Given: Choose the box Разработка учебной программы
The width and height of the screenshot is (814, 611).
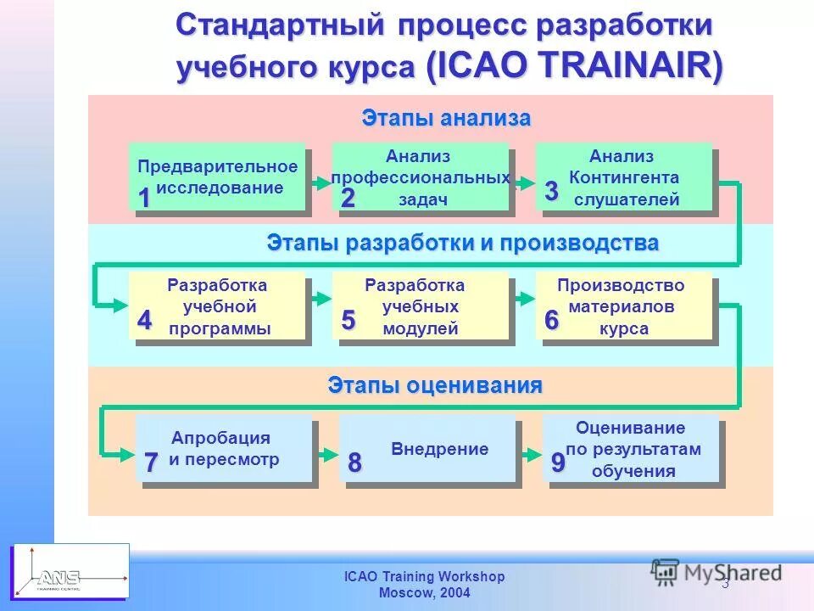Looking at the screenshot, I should [217, 306].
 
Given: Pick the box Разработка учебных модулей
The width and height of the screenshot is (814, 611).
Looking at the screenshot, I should [421, 306].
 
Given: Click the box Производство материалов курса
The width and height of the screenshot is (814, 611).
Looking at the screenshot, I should [624, 306].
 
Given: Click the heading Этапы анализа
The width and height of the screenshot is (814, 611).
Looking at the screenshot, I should [446, 118].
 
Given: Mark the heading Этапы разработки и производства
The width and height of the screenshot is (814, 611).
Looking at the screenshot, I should [463, 243].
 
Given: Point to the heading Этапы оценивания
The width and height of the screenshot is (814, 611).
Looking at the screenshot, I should [435, 386].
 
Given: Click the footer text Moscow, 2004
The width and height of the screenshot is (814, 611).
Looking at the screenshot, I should [424, 593].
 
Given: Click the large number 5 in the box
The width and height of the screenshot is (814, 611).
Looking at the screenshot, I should [348, 320].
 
